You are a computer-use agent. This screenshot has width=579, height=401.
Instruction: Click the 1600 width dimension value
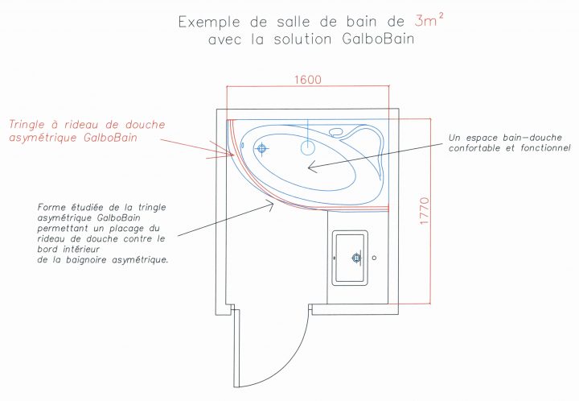click(308, 80)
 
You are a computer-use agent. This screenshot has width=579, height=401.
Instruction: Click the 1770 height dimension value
click(425, 211)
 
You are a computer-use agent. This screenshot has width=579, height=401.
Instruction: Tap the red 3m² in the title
click(429, 20)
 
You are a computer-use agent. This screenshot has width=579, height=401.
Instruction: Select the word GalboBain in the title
click(378, 39)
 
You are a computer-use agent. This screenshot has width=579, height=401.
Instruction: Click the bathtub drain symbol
click(261, 149)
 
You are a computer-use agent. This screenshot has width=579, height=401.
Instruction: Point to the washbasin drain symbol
click(356, 258)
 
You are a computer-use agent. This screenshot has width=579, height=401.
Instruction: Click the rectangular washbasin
click(350, 258)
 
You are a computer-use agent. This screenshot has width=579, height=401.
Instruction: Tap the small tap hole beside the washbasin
click(374, 258)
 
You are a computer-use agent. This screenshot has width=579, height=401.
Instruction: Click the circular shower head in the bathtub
click(307, 147)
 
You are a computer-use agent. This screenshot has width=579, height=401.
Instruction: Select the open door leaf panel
click(236, 348)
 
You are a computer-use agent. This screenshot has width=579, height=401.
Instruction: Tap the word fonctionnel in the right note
click(545, 148)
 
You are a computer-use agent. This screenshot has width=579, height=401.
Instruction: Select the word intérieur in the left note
click(81, 249)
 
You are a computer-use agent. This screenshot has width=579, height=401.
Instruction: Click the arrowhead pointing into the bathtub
click(312, 167)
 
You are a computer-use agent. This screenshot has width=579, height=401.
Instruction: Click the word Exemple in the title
click(209, 22)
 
